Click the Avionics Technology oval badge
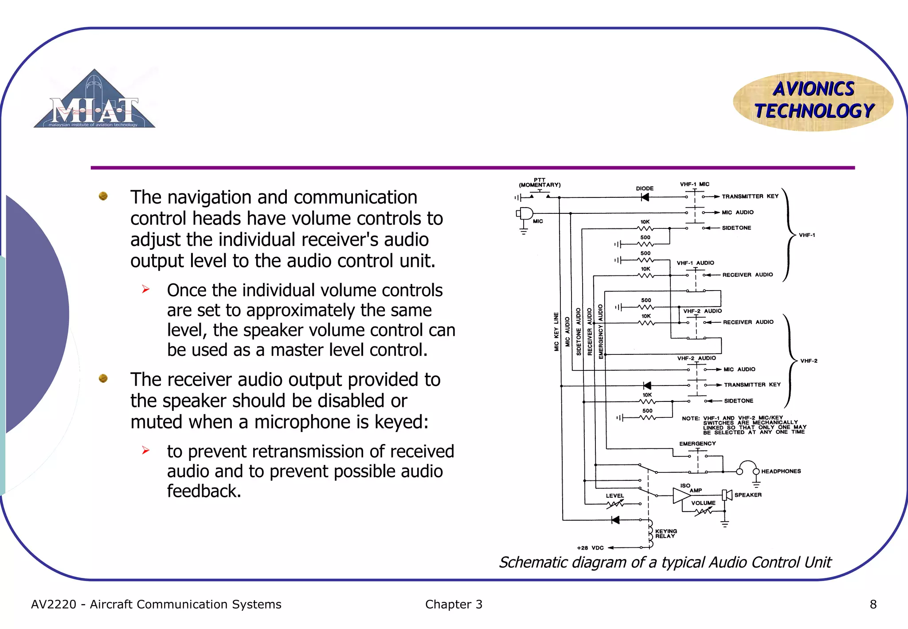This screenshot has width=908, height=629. (813, 101)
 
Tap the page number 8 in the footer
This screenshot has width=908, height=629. (873, 604)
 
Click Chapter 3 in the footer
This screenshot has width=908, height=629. (453, 604)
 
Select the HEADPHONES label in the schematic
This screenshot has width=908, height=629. (781, 471)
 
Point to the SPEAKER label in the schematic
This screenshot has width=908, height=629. (748, 495)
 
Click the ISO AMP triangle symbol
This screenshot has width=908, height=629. (681, 495)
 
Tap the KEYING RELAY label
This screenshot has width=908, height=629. (665, 533)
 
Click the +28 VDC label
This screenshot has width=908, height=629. (590, 548)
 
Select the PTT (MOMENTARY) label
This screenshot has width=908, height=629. (540, 183)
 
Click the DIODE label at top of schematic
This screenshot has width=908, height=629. (645, 189)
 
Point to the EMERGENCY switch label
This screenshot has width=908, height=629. (697, 444)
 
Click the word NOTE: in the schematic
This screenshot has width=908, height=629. (690, 418)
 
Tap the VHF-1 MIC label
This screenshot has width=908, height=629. (694, 184)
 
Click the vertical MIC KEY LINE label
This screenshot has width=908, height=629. (556, 332)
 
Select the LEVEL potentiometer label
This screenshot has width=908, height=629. (614, 495)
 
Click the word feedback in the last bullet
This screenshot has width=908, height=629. (204, 491)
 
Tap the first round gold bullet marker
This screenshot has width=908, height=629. (103, 196)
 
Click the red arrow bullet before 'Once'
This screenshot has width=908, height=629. (145, 290)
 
